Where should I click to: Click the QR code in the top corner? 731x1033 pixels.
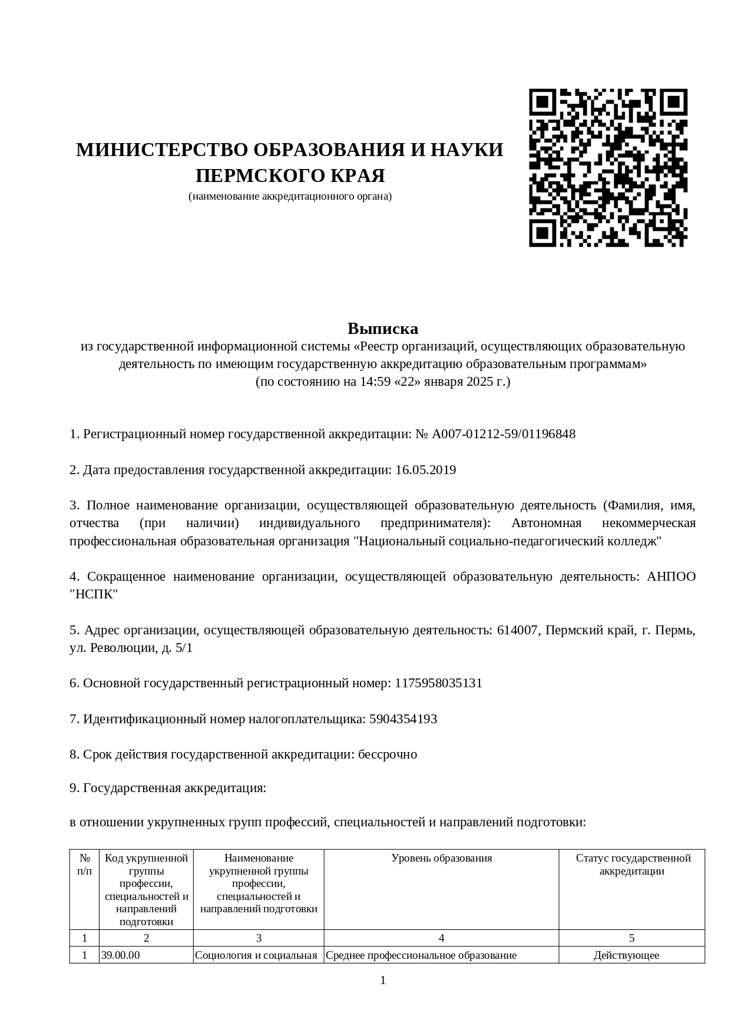coord(608,168)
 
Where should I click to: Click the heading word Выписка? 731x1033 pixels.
coord(382,328)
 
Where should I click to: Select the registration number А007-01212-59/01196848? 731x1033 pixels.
coord(504,434)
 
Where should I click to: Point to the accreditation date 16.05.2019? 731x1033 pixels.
coord(426,470)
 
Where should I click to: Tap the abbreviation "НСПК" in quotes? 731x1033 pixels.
coord(94,594)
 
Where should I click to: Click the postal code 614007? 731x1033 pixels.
coord(518,630)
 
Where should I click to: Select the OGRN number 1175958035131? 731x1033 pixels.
coord(438,683)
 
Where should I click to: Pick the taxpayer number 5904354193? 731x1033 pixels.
coord(403,719)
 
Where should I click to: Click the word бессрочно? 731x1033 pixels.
coord(388,754)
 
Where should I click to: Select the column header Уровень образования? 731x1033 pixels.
coord(441,858)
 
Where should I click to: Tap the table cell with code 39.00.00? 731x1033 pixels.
coord(121,955)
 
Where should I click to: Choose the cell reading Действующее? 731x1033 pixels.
coord(626,955)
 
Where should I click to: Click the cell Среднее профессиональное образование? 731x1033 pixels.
coord(421,955)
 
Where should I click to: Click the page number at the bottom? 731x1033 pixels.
coord(383,980)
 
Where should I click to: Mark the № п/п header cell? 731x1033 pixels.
coord(84,865)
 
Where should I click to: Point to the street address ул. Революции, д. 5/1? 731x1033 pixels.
coord(131,648)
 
